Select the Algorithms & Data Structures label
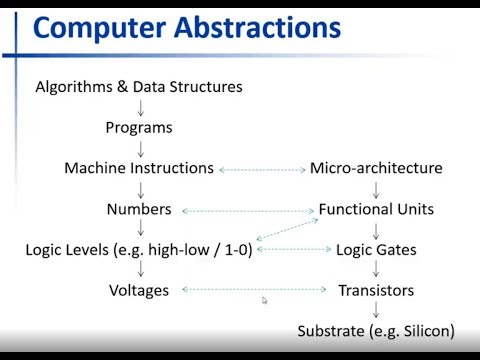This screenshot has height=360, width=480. [139, 87]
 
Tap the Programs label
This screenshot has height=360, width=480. [139, 128]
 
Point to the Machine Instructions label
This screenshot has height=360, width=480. [139, 169]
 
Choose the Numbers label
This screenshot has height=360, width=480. [139, 209]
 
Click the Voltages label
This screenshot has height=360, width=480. [139, 290]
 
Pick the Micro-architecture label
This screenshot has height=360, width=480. [376, 169]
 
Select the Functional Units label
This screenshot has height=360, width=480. [376, 209]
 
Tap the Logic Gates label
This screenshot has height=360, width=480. [376, 250]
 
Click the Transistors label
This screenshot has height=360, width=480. [376, 290]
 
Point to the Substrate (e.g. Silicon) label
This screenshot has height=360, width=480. [376, 331]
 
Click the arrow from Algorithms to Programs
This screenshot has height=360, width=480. [140, 108]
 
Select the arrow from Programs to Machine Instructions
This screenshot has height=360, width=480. [140, 149]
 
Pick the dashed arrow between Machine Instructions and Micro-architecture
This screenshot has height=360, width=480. [262, 170]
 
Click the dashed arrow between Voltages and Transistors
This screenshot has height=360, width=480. [255, 290]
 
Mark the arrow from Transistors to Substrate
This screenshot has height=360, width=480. [376, 311]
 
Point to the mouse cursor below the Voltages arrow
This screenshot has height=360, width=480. [265, 300]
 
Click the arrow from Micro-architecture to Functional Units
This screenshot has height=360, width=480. [376, 189]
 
